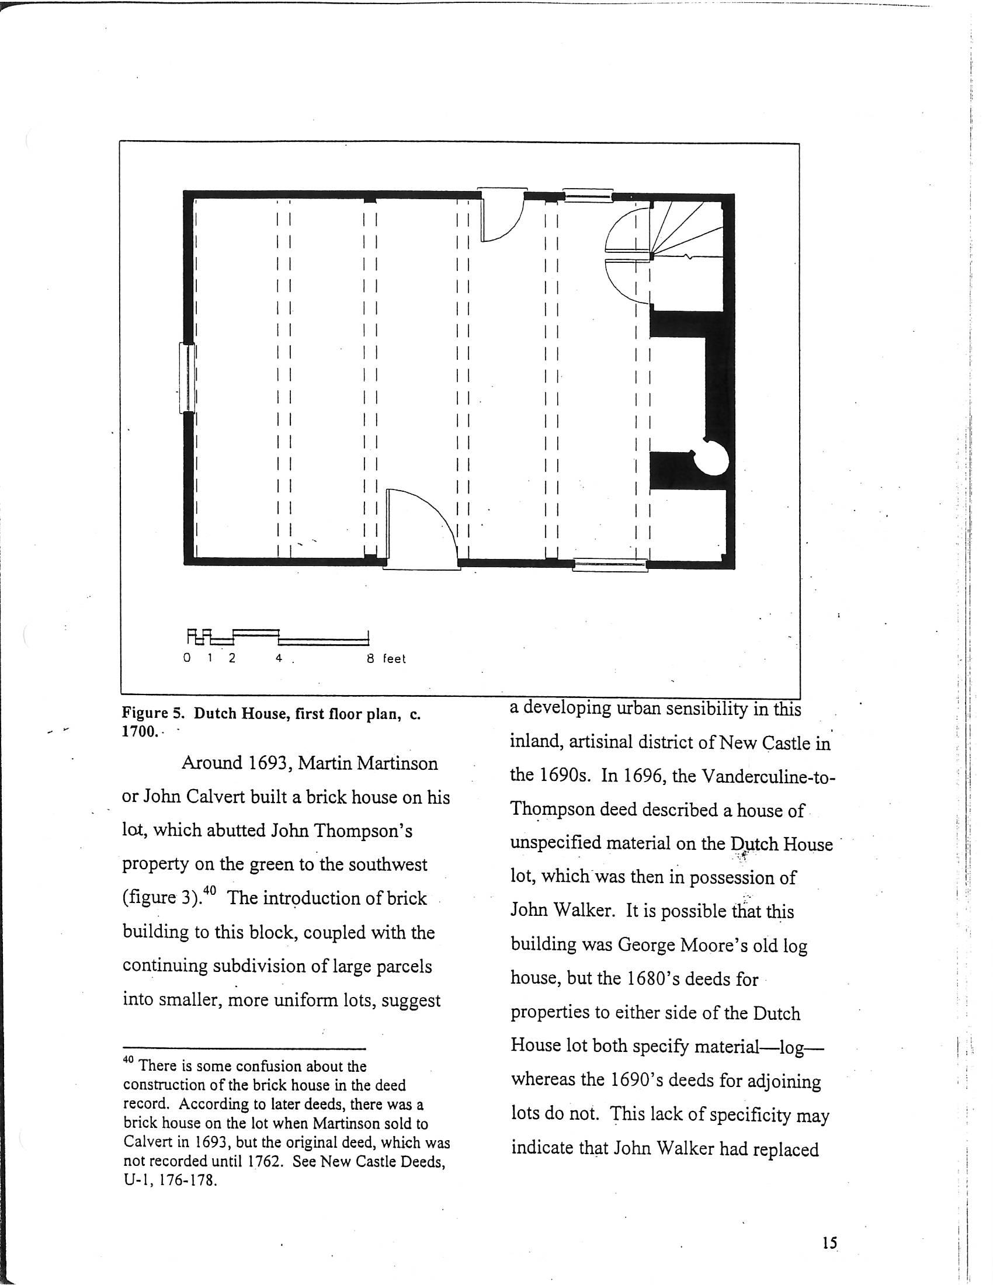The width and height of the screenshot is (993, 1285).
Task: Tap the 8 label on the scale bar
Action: [x=370, y=658]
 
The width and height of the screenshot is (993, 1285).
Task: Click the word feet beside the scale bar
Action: [x=394, y=659]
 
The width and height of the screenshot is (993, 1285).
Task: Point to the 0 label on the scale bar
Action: [x=187, y=658]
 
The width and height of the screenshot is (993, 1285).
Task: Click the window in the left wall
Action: [x=187, y=378]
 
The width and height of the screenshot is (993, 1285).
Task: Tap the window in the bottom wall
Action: [x=610, y=565]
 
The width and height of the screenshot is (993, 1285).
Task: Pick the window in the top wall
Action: [x=588, y=194]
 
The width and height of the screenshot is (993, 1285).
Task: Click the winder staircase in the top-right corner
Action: [x=686, y=230]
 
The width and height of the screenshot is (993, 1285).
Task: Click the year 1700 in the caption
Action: [x=140, y=732]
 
